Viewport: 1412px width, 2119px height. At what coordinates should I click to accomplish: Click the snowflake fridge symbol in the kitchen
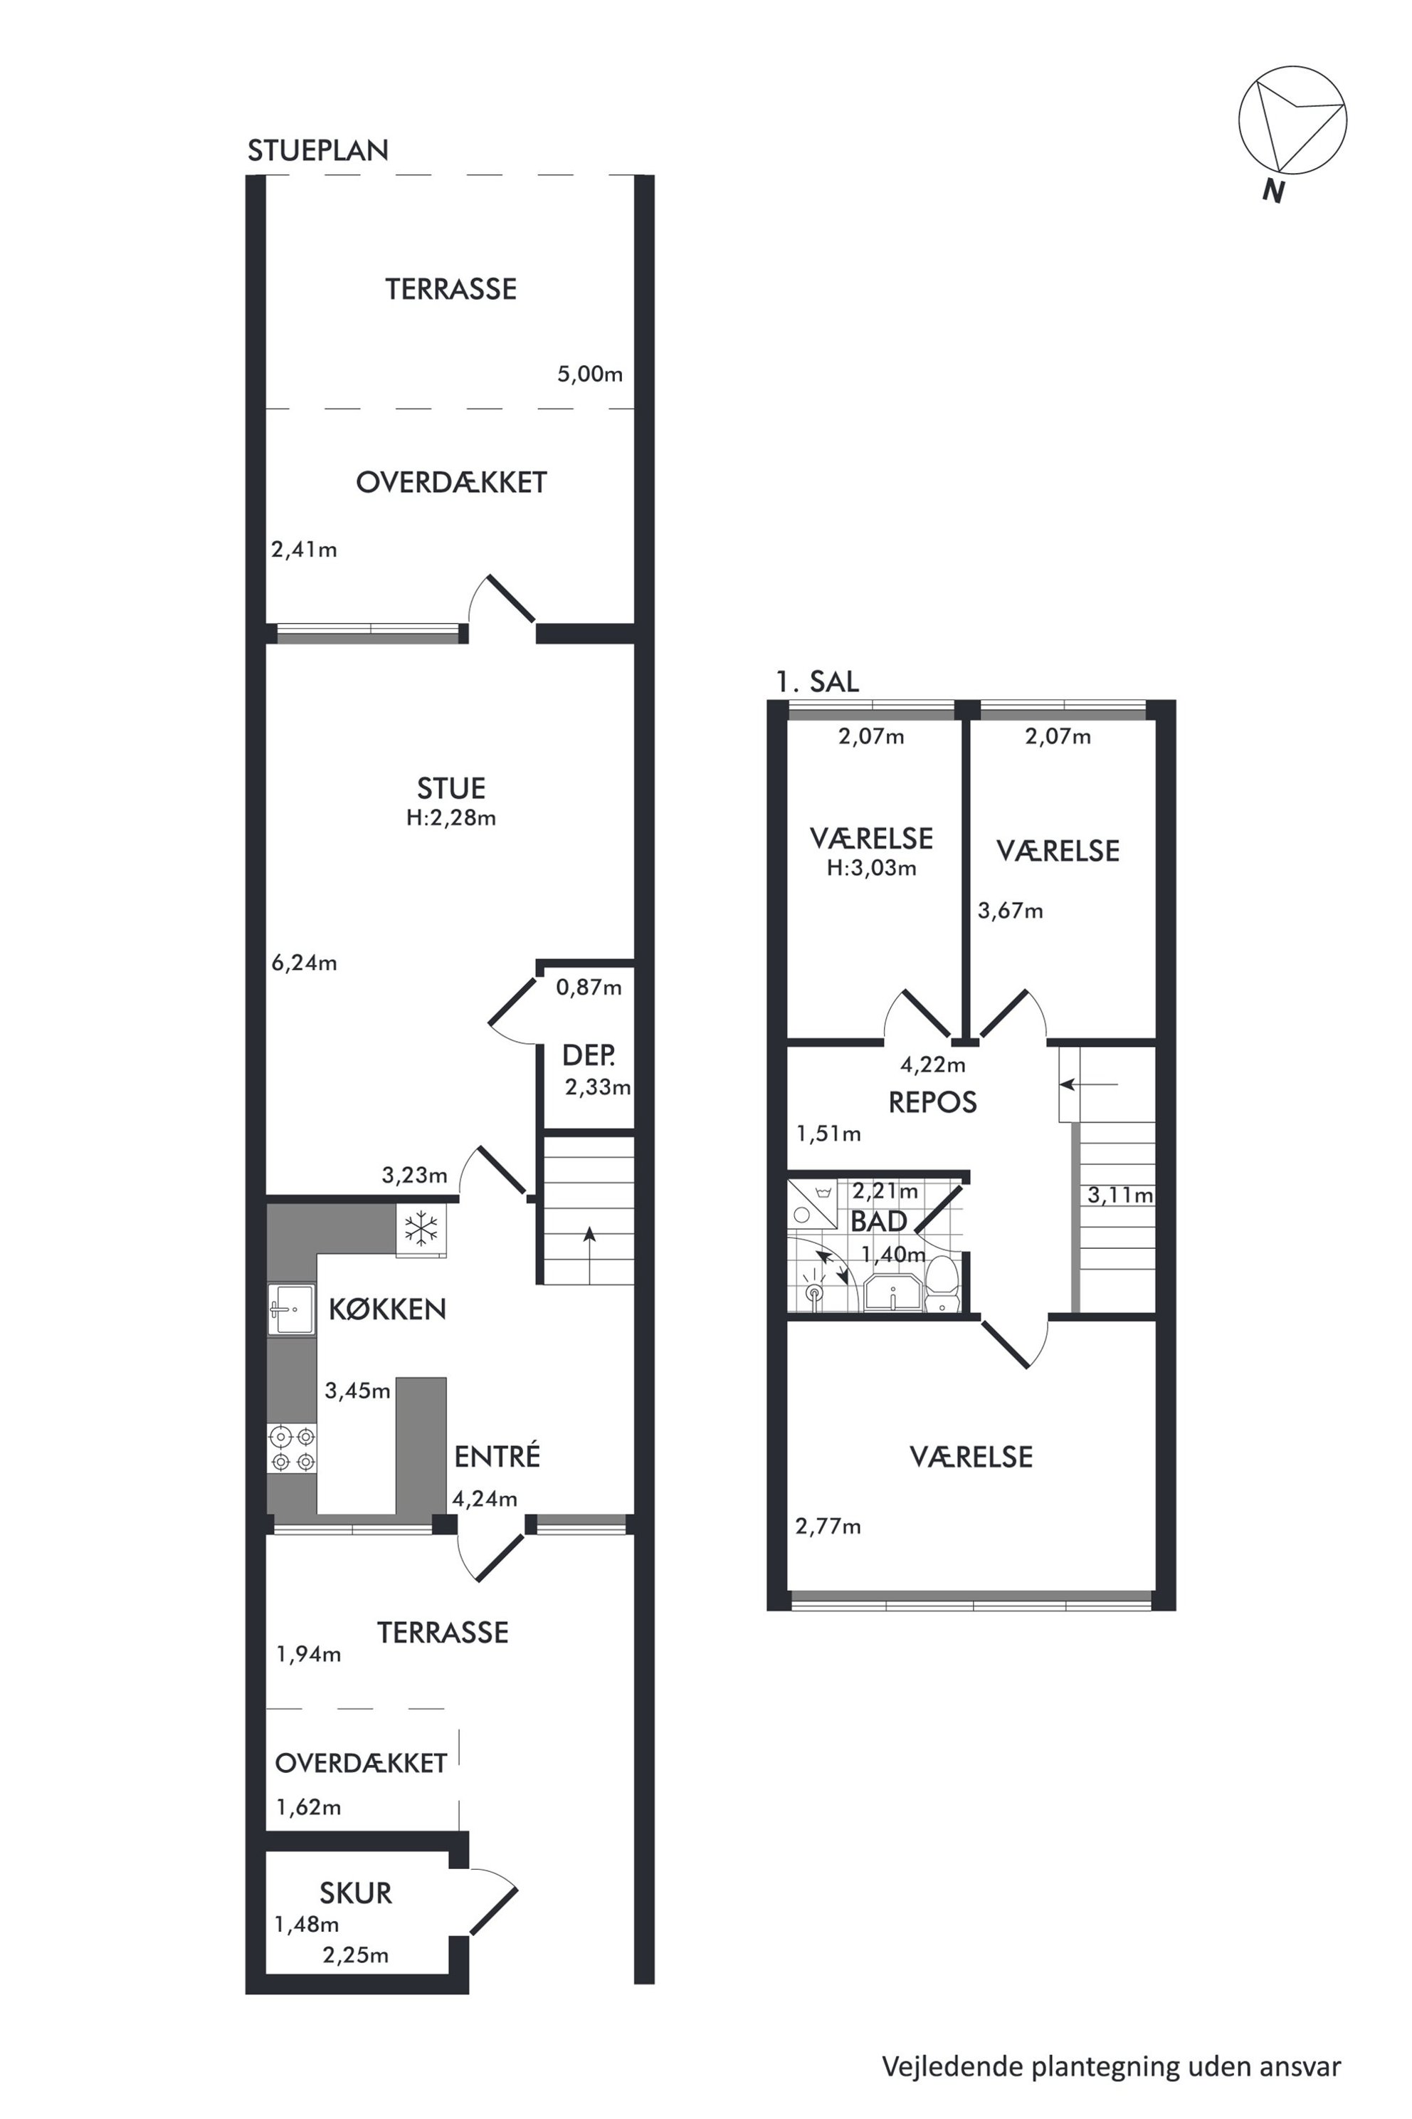421,1229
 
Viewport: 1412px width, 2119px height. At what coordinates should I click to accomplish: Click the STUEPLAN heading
318,150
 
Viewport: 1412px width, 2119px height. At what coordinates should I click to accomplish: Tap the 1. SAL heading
818,681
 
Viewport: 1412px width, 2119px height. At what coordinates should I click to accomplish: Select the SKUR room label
356,1893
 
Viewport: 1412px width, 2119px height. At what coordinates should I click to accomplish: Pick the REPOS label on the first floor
932,1102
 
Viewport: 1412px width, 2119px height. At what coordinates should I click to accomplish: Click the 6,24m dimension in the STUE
305,963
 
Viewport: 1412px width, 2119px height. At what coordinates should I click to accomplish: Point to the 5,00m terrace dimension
590,374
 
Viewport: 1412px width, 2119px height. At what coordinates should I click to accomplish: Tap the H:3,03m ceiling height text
872,869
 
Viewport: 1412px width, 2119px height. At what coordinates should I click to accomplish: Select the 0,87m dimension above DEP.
589,988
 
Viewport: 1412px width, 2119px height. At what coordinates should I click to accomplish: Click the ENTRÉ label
497,1457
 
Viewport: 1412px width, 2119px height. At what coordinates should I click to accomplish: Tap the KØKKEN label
387,1309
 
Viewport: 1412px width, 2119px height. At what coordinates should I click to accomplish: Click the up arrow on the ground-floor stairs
589,1255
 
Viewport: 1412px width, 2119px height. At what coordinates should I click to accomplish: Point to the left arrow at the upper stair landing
1089,1084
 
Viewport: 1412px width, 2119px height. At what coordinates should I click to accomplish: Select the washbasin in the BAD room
892,1292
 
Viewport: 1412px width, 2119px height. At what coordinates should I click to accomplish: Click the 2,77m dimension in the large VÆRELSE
828,1526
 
